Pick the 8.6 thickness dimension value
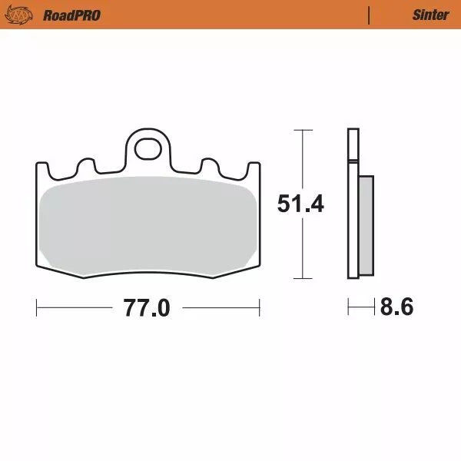(396, 308)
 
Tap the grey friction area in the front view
(148, 227)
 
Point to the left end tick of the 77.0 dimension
(36, 308)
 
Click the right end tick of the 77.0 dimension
(259, 308)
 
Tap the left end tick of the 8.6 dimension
(348, 308)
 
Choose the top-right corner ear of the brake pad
(250, 169)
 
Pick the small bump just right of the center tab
(208, 166)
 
